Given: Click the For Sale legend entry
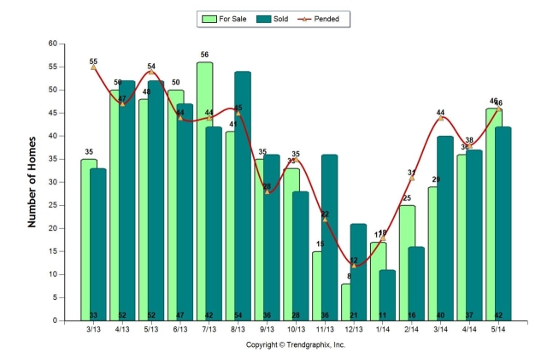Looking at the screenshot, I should (x=226, y=18).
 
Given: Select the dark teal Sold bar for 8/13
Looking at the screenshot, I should (x=242, y=197).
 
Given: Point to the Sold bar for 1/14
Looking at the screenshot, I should (x=387, y=295).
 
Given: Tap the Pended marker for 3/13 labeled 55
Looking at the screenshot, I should (x=93, y=67).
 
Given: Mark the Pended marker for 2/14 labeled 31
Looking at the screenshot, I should (x=412, y=178).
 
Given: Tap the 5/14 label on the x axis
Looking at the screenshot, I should (x=499, y=330).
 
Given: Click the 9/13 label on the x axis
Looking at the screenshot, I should (x=267, y=330).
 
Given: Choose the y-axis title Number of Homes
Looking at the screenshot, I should (x=32, y=182).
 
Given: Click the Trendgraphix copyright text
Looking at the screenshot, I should (x=296, y=344).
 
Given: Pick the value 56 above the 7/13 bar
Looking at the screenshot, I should (x=204, y=55).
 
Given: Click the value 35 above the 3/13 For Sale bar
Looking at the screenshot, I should (x=88, y=152).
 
